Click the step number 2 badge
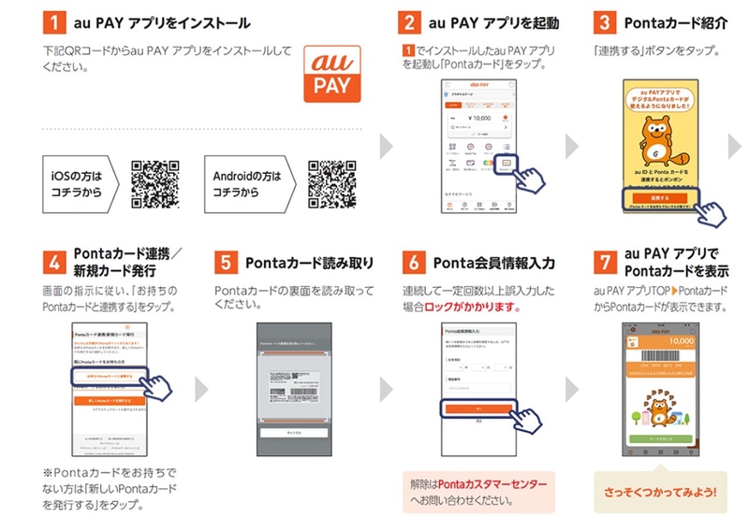(x=409, y=21)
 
